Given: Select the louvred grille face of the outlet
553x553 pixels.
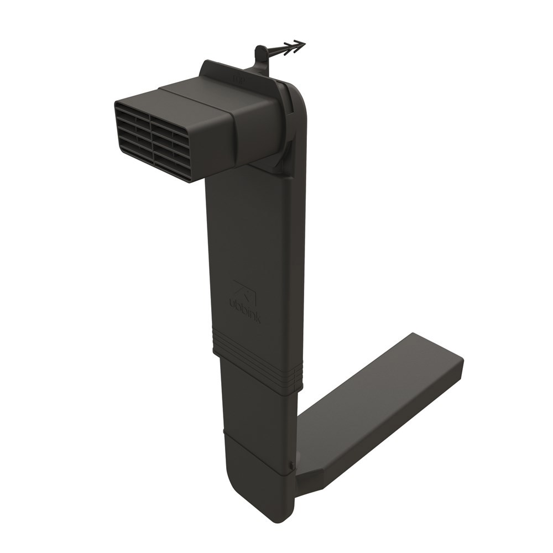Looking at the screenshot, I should tap(150, 141).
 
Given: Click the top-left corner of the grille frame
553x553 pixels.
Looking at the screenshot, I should tap(117, 105).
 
